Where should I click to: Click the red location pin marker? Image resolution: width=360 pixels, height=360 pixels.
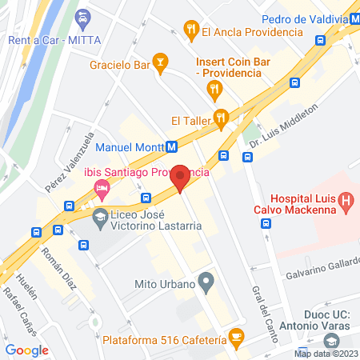[181, 178]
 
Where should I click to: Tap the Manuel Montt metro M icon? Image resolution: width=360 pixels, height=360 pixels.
[171, 146]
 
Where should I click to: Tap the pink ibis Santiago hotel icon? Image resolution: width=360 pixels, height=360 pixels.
[102, 190]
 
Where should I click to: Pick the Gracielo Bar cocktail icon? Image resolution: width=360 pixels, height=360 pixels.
[161, 63]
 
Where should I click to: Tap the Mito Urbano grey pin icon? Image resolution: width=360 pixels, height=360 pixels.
[206, 282]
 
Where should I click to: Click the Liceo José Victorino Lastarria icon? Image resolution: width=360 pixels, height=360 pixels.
[100, 216]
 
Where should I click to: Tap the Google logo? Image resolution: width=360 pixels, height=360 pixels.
[27, 350]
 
